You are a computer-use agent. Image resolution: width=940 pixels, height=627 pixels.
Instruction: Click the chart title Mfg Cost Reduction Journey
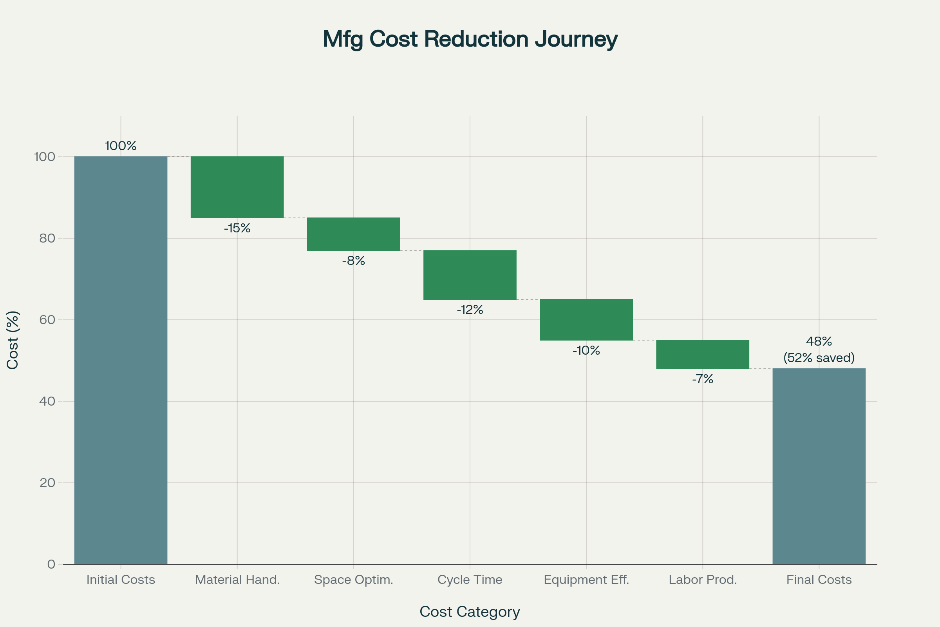pyautogui.click(x=470, y=39)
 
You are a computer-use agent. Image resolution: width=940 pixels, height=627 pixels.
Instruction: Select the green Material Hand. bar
pyautogui.click(x=237, y=187)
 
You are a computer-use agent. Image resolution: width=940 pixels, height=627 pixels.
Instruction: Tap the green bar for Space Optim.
pyautogui.click(x=353, y=234)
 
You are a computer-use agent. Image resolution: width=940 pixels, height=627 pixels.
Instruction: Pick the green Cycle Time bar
pyautogui.click(x=470, y=275)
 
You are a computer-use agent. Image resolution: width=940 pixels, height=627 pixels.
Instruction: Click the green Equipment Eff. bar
pyautogui.click(x=586, y=319)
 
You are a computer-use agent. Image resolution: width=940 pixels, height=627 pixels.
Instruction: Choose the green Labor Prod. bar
pyautogui.click(x=702, y=354)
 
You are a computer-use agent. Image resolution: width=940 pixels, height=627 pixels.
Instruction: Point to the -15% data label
pyautogui.click(x=237, y=228)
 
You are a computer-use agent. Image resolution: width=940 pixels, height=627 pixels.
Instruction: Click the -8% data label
pyautogui.click(x=353, y=261)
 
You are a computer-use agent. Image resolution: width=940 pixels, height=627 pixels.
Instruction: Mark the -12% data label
pyautogui.click(x=470, y=310)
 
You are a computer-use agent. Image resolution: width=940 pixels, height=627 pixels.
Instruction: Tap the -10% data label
pyautogui.click(x=586, y=351)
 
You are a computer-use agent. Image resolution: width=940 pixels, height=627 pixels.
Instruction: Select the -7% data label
pyautogui.click(x=702, y=379)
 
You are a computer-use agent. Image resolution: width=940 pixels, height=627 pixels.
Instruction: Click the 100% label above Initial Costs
pyautogui.click(x=121, y=146)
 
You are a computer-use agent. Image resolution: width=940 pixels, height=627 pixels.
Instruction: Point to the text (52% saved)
pyautogui.click(x=819, y=357)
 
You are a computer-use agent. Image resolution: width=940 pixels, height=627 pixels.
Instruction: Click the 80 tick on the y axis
pyautogui.click(x=47, y=238)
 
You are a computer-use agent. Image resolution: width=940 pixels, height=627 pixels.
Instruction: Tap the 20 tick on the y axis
pyautogui.click(x=47, y=483)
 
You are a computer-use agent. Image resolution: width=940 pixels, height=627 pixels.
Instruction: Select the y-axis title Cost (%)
pyautogui.click(x=13, y=340)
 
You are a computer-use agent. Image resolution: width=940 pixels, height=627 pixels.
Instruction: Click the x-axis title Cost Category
pyautogui.click(x=470, y=611)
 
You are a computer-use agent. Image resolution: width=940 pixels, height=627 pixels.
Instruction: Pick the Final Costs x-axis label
pyautogui.click(x=819, y=580)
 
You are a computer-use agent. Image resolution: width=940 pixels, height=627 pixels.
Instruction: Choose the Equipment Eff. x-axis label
pyautogui.click(x=586, y=580)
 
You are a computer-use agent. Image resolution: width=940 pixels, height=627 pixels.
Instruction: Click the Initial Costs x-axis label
pyautogui.click(x=121, y=580)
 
